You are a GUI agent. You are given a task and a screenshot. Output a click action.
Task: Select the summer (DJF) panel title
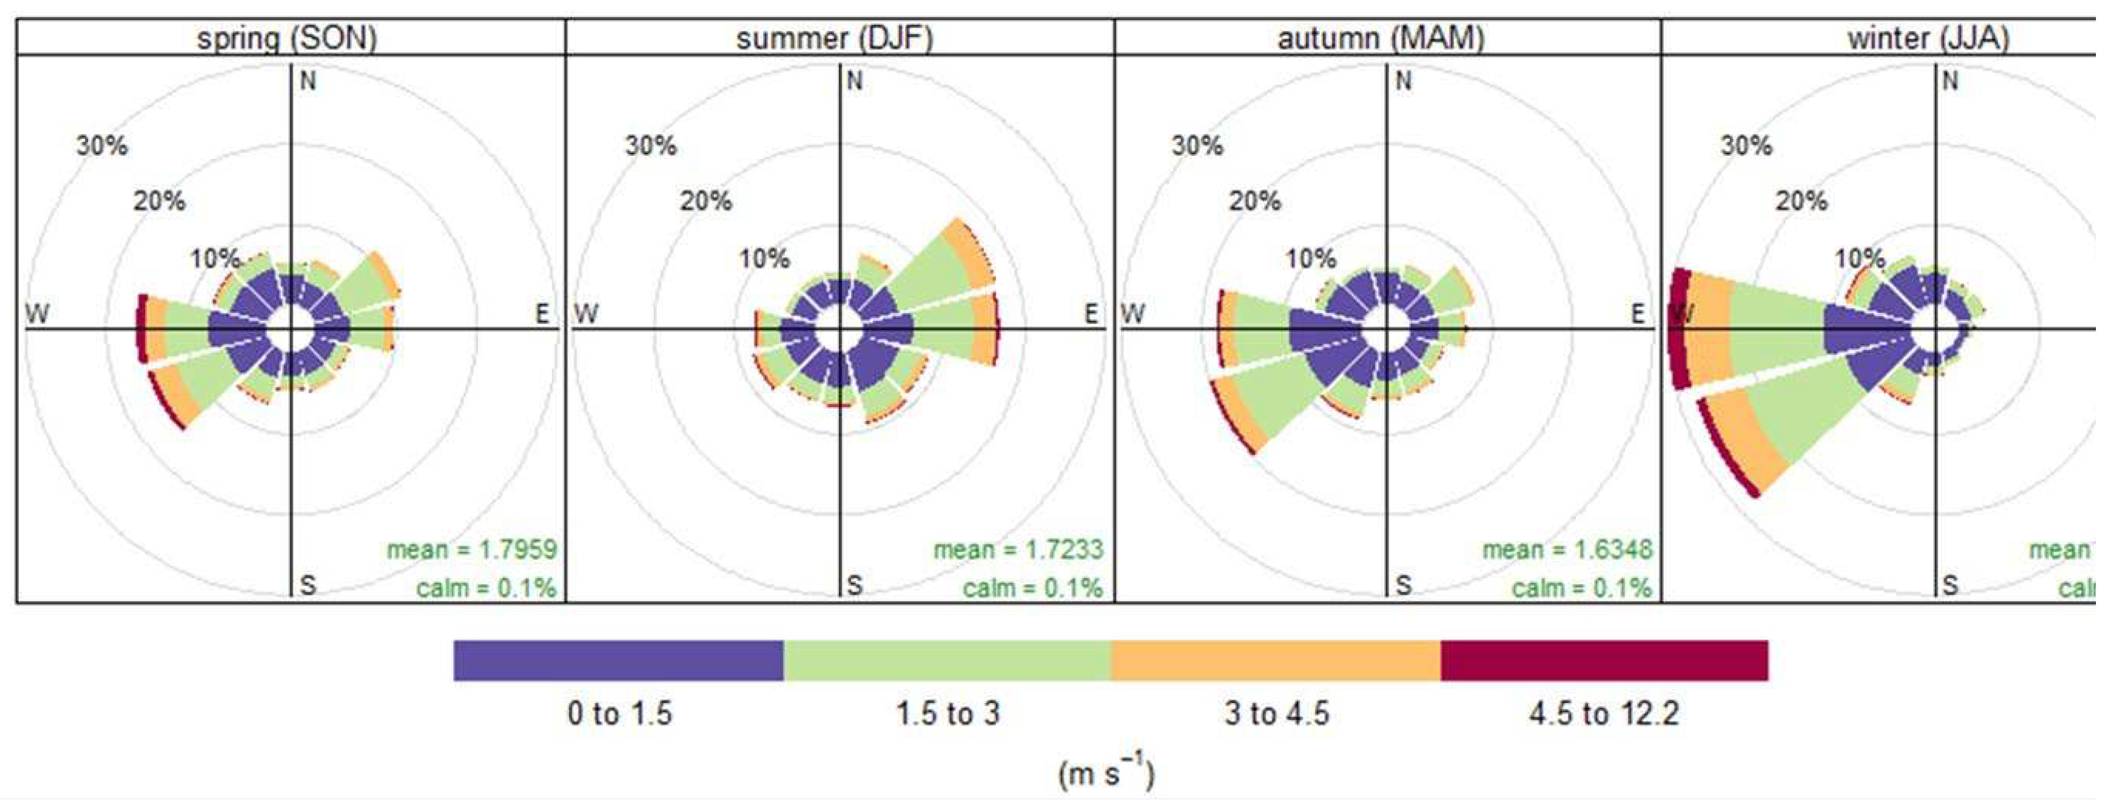tap(835, 38)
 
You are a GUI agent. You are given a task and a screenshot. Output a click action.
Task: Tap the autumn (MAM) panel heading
tap(1381, 38)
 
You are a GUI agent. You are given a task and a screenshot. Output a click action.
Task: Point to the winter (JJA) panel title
tap(1928, 38)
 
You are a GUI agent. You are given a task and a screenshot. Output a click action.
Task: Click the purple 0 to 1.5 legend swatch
tap(618, 661)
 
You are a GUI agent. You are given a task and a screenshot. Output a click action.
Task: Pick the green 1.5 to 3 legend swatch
tap(947, 661)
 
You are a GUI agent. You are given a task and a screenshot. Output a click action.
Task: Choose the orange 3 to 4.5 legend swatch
tap(1276, 661)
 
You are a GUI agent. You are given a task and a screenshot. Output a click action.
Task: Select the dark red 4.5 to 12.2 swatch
tap(1604, 661)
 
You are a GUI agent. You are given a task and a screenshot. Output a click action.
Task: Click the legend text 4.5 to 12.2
tap(1604, 714)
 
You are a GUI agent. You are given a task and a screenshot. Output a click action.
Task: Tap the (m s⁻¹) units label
tap(1106, 773)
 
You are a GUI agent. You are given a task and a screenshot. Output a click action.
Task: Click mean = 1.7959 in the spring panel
tap(472, 549)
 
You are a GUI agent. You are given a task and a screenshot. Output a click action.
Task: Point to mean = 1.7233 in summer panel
tap(1018, 549)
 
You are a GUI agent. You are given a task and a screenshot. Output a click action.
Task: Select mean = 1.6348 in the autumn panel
tap(1567, 549)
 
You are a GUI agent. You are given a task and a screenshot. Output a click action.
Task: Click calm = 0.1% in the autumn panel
tap(1581, 588)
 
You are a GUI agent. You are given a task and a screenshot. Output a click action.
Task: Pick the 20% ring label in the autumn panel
tap(1255, 200)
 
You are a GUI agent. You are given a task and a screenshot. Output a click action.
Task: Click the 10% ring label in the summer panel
tap(764, 259)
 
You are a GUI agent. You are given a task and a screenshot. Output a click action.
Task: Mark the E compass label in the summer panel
tap(1091, 314)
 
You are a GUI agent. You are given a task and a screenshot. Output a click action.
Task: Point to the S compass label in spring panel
tap(307, 585)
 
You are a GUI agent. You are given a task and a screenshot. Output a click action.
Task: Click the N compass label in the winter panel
tap(1950, 81)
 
